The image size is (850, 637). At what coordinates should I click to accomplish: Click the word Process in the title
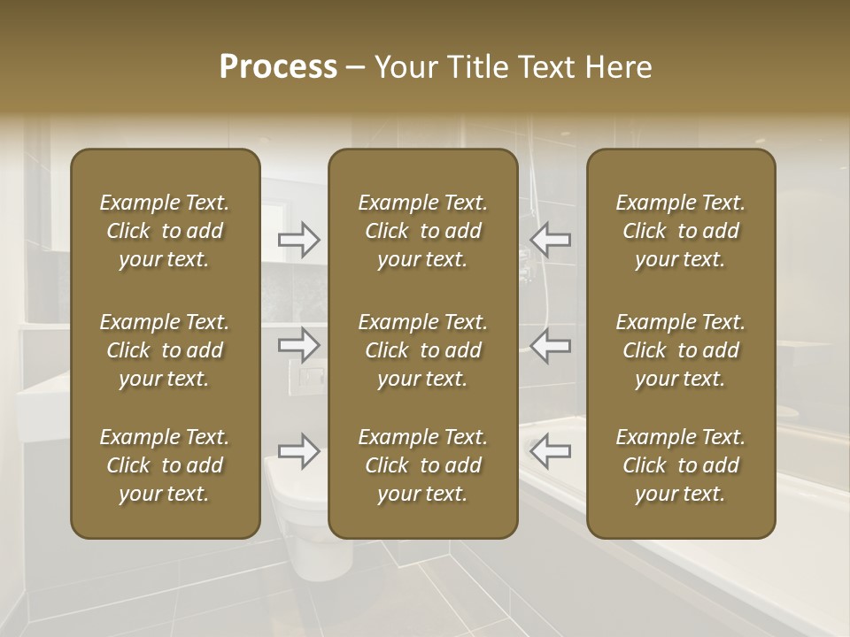pos(278,67)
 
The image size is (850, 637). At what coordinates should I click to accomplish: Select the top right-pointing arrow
pos(299,240)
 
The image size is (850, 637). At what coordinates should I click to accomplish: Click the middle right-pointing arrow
pos(299,344)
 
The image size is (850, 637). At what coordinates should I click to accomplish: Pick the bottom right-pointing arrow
pos(299,451)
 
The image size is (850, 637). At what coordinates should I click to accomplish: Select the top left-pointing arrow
pos(550,240)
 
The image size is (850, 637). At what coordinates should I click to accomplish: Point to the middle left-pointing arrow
pos(550,344)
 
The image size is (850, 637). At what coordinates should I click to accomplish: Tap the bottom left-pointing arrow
pos(550,451)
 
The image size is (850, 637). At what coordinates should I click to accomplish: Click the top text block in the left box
pos(165,231)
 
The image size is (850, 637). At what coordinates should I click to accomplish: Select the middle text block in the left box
pos(165,350)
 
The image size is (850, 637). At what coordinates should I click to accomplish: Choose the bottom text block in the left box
pos(165,465)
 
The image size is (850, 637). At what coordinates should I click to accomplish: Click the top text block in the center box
pos(422,231)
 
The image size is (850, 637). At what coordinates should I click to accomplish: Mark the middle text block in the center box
pos(422,350)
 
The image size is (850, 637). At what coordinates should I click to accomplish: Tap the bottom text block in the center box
pos(422,465)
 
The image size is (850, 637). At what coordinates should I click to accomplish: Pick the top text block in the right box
pos(680,231)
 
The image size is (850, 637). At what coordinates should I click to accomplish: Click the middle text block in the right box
pos(680,350)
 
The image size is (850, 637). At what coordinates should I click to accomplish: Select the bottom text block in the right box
pos(680,465)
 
